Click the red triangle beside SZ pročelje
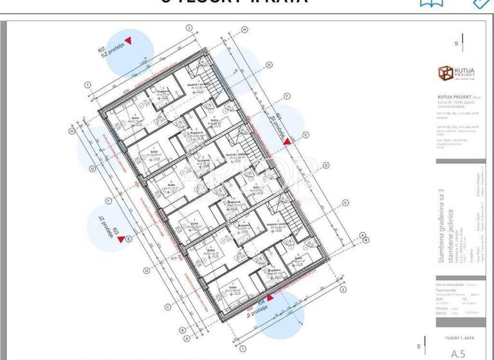click(x=129, y=40)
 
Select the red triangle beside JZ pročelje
click(x=121, y=239)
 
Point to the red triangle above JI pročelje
click(x=270, y=297)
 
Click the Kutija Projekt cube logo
click(x=444, y=73)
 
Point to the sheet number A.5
click(x=457, y=352)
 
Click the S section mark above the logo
click(x=456, y=44)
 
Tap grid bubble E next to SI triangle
click(x=306, y=135)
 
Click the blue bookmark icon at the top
click(x=431, y=3)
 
